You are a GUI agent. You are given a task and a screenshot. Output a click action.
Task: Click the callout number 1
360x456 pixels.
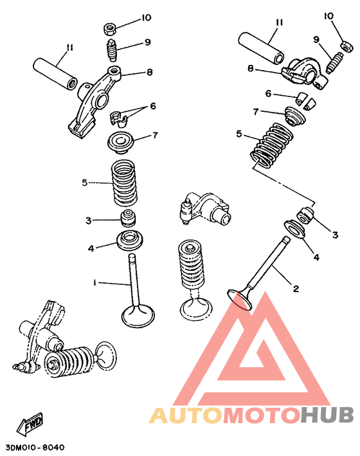94,282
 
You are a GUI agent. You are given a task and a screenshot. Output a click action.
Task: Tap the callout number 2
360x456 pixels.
296,289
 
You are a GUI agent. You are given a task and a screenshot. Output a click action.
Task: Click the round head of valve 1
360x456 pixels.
138,315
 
